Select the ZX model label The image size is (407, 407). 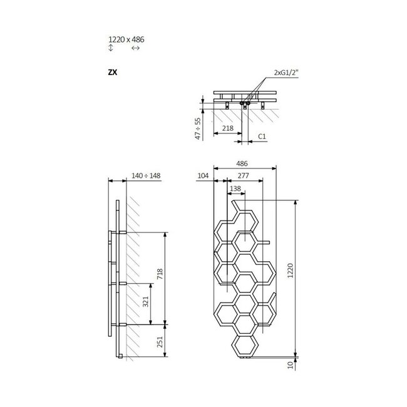(113, 72)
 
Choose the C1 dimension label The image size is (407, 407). (262, 135)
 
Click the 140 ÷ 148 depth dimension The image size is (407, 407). (146, 176)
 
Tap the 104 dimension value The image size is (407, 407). (202, 177)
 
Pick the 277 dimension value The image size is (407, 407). (243, 177)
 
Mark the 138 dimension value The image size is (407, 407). (235, 188)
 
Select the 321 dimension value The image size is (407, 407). (146, 304)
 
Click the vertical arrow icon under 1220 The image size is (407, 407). (111, 48)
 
